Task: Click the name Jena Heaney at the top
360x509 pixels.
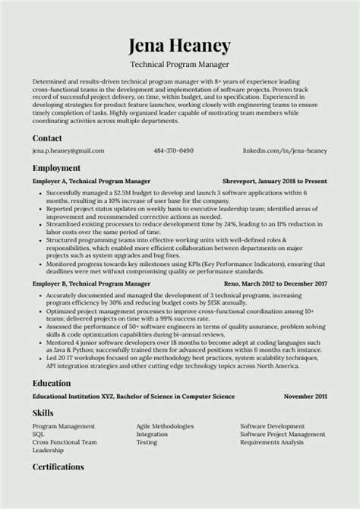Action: (180, 46)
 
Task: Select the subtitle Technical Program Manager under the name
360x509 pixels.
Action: (180, 66)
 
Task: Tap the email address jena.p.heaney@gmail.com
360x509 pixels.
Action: (68, 150)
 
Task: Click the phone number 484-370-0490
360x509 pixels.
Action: (174, 150)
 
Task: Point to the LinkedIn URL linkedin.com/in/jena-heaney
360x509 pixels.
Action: (285, 150)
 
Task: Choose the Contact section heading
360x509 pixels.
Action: (48, 138)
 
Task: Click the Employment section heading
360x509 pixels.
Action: (56, 168)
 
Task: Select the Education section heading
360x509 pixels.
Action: (52, 384)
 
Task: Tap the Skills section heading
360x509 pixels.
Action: (43, 412)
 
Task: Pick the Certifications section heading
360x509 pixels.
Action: (58, 466)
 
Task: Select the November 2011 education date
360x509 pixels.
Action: (305, 397)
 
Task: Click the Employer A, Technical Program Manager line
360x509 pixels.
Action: (91, 182)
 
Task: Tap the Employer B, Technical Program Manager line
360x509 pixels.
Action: (91, 283)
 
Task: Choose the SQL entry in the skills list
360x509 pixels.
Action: (39, 434)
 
